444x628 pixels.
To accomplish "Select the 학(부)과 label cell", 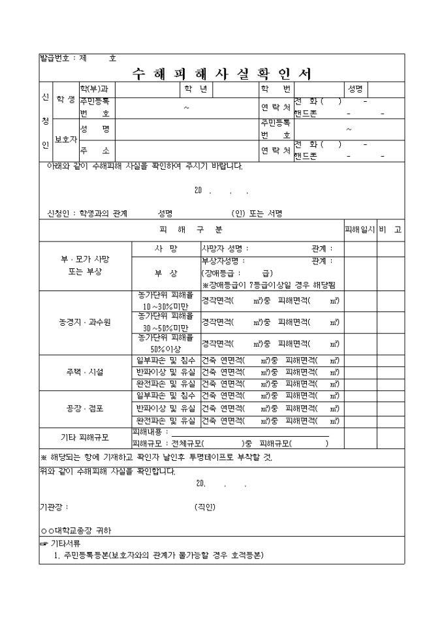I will click(95, 88).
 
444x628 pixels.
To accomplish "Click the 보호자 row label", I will click(65, 138).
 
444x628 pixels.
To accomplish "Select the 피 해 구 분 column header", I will click(191, 230).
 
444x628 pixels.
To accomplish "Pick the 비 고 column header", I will click(390, 230).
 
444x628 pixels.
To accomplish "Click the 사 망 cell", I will click(166, 249).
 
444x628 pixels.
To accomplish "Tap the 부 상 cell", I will click(166, 272).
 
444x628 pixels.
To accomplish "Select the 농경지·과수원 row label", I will click(85, 322).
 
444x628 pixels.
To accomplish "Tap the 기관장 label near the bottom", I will click(54, 507).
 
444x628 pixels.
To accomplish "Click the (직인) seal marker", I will click(205, 507).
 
